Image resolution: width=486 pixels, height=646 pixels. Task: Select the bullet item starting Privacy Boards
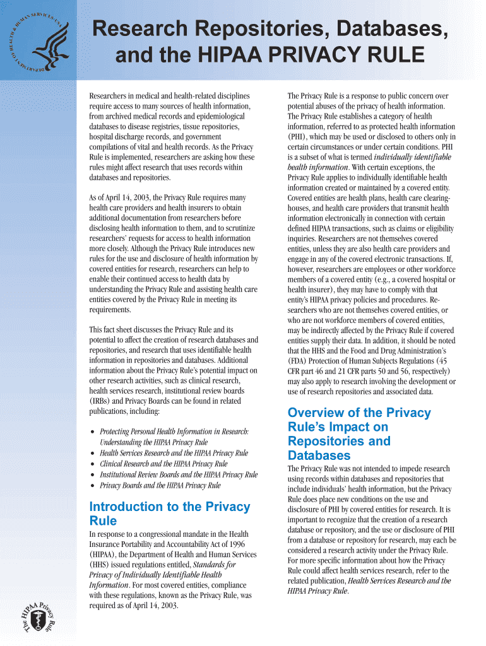[x=160, y=486]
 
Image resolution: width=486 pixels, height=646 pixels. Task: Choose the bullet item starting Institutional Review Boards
[x=179, y=474]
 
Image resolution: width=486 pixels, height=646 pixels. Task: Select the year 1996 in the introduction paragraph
[x=242, y=544]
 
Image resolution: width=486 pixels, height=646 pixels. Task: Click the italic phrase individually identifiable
[x=411, y=157]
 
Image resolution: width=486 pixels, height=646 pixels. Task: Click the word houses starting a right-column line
[x=299, y=208]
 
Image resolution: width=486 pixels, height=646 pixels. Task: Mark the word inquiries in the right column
[x=301, y=239]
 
